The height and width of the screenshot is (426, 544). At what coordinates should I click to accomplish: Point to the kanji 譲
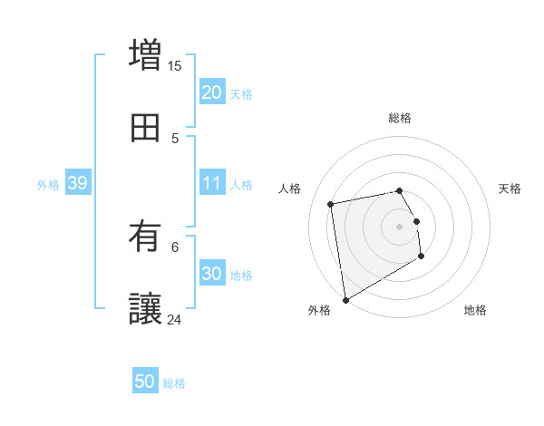coord(145,308)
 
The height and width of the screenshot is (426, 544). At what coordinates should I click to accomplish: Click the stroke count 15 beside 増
coord(175,66)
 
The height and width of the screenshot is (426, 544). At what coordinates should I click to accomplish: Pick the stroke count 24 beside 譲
coord(175,319)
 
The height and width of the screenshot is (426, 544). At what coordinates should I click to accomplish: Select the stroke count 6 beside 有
coord(175,246)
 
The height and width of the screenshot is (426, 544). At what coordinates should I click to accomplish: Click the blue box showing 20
coord(212,92)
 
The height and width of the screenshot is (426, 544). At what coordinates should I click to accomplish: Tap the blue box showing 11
coord(212,184)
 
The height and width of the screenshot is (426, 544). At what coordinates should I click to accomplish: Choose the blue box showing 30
coord(212,275)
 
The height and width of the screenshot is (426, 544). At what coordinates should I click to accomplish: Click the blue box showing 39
coord(77,184)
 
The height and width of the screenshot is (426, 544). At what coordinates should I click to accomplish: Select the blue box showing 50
coord(145,382)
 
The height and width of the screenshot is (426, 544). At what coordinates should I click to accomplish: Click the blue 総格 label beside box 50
coord(175,384)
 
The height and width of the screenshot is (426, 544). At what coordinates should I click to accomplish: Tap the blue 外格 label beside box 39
coord(48,185)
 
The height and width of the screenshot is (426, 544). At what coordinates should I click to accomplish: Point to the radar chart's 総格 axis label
coord(400,118)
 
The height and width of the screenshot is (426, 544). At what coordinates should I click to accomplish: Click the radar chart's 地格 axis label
coord(475,310)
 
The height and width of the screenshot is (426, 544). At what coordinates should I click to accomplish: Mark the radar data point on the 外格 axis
coord(345,299)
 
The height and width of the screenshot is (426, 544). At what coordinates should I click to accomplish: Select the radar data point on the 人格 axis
coord(331,203)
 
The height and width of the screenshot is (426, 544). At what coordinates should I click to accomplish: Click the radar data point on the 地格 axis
coord(422,257)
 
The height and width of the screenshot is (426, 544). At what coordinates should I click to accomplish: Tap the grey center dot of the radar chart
coord(400,226)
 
